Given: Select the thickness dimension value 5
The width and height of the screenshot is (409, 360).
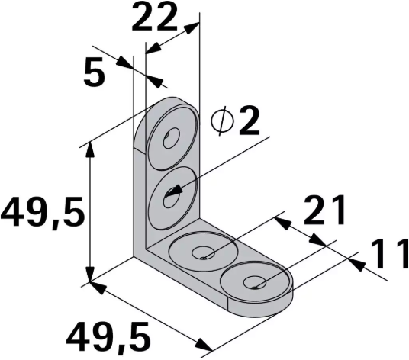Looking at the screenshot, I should pos(95,74).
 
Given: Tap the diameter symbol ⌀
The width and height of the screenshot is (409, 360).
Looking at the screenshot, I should pos(222,122).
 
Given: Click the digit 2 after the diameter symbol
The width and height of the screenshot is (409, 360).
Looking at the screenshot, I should pos(248,121).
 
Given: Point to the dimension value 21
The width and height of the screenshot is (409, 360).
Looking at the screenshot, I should pos(326,211).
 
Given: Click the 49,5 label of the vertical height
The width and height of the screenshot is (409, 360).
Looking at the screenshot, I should pos(41,214).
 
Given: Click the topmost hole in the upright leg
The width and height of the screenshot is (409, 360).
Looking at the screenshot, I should pos(169,140).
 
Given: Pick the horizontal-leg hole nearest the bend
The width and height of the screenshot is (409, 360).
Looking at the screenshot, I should pos(203,252).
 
